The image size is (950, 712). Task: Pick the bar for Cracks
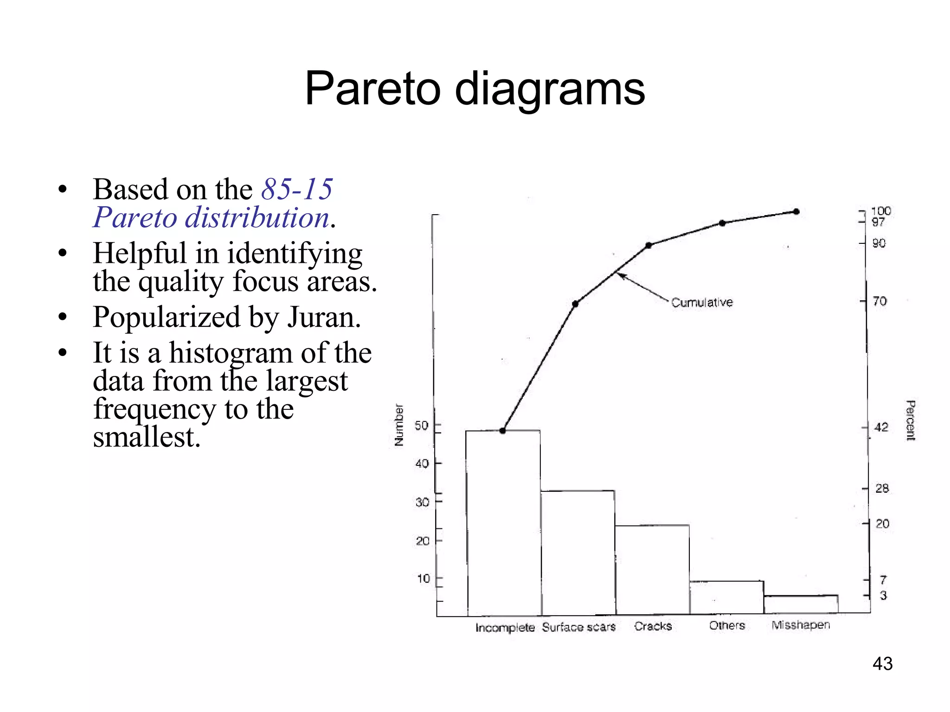(652, 570)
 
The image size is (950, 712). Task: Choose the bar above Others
(726, 598)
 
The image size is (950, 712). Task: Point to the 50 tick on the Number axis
(422, 426)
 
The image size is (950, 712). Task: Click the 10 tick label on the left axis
(424, 578)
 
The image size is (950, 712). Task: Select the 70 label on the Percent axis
(879, 301)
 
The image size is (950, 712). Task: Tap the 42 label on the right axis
(881, 427)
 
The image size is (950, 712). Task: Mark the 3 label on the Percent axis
(883, 596)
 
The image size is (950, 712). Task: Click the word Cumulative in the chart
(702, 302)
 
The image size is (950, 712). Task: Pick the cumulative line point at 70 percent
(575, 304)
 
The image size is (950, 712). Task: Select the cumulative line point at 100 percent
(796, 211)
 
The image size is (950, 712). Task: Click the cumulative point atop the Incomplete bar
(502, 431)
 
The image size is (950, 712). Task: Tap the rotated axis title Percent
(910, 420)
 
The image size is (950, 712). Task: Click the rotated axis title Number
(398, 425)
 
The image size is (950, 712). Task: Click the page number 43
(882, 663)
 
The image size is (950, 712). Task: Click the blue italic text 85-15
(297, 189)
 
